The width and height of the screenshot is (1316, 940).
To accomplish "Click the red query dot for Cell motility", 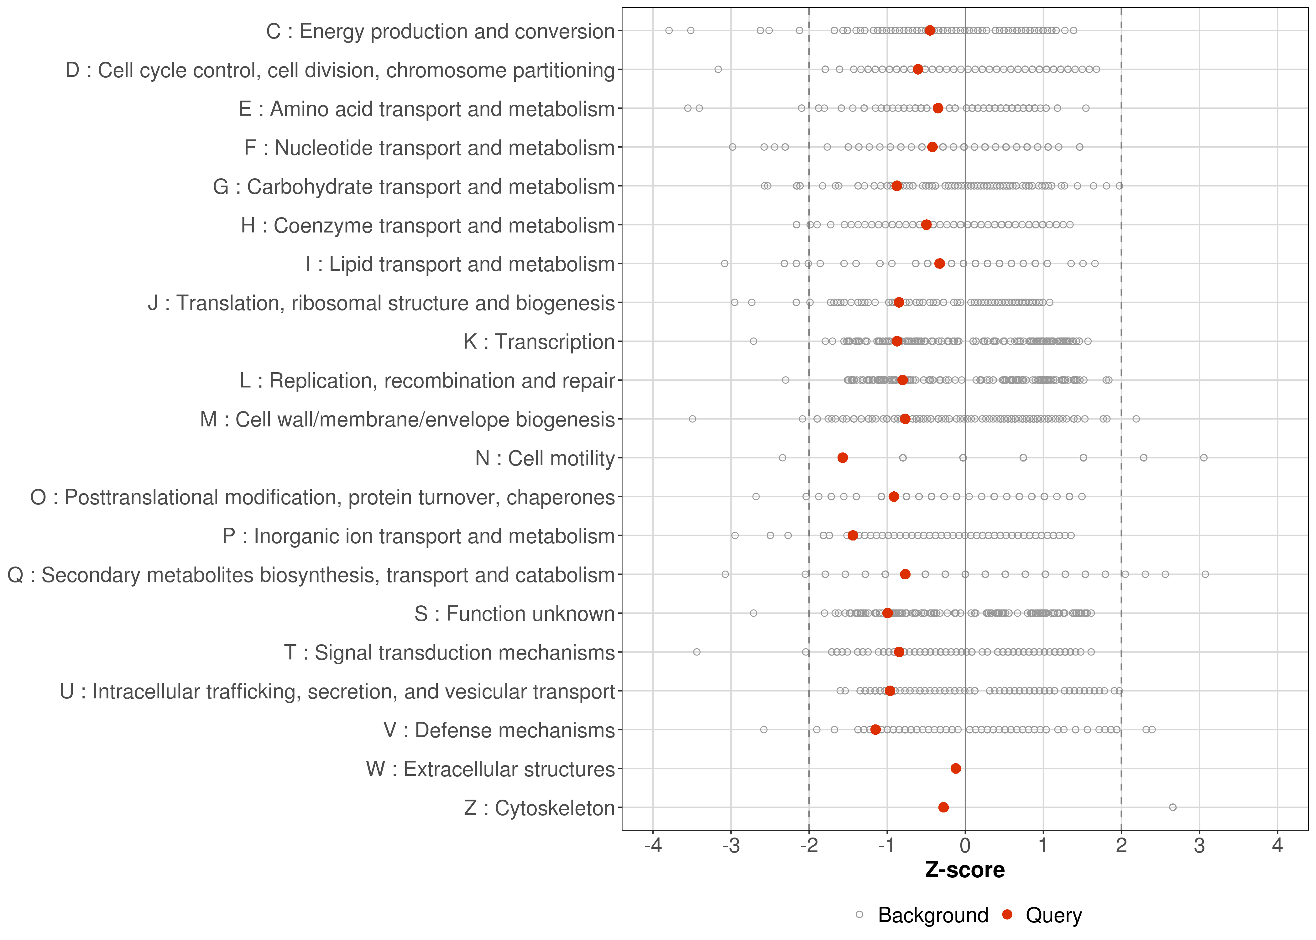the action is (843, 458).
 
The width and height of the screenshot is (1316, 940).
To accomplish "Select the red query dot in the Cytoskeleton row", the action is (943, 807).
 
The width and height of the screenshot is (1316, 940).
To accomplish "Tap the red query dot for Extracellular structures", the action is (955, 769).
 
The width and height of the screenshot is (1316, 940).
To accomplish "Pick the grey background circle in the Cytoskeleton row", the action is (1172, 807).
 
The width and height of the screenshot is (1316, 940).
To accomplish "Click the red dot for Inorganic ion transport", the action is (853, 535).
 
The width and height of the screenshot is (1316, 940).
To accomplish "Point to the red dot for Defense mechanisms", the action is (875, 730).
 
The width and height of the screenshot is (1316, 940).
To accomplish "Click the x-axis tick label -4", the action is (653, 846).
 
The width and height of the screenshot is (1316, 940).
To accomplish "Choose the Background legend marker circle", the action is (859, 915).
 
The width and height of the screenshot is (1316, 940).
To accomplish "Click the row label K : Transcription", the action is (539, 342).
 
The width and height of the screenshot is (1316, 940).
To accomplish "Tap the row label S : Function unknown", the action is (514, 614).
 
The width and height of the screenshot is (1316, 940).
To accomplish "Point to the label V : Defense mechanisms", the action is (499, 730).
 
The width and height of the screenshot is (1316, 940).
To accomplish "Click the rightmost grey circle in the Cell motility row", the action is (1204, 458).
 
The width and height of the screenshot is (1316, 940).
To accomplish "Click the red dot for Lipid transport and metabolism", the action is (939, 264).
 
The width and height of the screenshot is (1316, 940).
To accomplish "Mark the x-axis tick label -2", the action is (809, 846).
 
